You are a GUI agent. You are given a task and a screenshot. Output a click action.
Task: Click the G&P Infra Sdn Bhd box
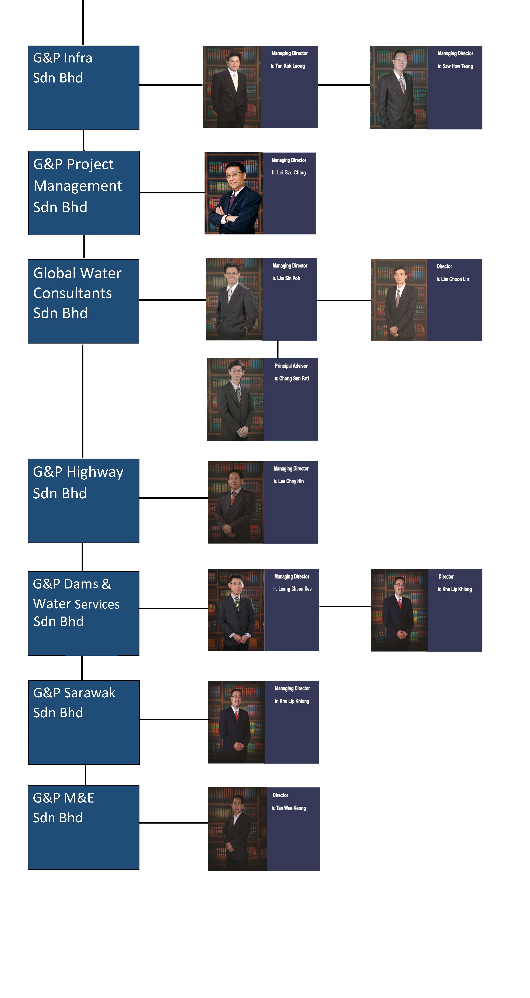84,88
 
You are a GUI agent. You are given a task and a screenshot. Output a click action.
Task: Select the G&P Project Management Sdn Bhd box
84,193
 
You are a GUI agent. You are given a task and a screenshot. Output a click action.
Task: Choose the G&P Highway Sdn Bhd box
83,501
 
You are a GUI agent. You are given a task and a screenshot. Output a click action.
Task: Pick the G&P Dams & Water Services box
83,613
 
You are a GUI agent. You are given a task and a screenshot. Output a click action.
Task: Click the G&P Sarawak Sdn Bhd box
84,722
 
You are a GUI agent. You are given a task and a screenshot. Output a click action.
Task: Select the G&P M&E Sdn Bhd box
83,827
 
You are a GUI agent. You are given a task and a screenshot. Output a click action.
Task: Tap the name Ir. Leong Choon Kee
292,589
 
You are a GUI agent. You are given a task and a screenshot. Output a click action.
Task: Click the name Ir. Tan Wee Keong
289,808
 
